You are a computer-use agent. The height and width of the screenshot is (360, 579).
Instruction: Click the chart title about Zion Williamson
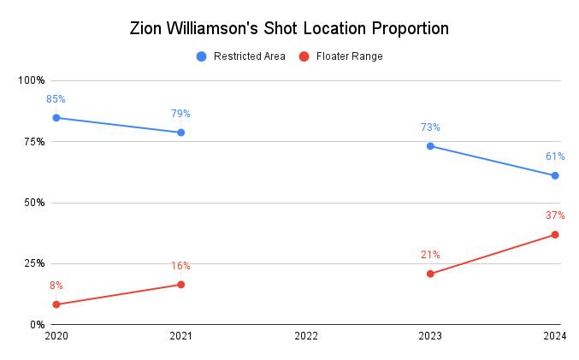coord(289,28)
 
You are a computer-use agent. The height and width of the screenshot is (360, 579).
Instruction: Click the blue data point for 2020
coord(56,118)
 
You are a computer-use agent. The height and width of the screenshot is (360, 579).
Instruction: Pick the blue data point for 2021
coord(180,133)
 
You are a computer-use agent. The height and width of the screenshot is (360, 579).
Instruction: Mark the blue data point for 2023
coord(430,146)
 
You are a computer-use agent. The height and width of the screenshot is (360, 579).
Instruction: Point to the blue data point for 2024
coord(555,175)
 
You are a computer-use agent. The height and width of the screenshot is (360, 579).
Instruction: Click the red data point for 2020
coord(56,304)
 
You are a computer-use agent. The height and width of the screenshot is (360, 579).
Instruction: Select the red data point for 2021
coord(180,285)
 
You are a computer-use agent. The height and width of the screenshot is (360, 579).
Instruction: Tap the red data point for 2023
coord(430,274)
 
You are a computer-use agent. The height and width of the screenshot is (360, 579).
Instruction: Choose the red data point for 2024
coord(555,234)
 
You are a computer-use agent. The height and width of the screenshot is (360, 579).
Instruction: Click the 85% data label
coord(56,99)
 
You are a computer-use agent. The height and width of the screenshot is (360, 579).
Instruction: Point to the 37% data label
coord(555,215)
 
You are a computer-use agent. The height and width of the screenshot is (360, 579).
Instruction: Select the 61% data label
coord(555,156)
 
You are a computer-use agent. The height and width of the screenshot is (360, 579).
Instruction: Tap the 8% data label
coord(56,286)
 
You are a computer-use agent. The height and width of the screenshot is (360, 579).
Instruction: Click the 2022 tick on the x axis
coord(305,337)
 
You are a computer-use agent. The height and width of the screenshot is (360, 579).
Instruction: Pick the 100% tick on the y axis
coord(32,80)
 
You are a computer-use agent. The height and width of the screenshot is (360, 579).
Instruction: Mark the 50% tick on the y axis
coord(34,203)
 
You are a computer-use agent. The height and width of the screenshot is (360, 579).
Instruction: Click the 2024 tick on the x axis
coord(555,337)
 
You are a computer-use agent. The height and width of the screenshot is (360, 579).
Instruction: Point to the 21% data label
coord(430,255)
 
